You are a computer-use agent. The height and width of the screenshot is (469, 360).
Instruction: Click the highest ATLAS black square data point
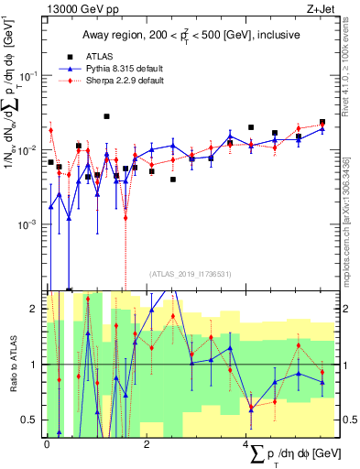point(107,116)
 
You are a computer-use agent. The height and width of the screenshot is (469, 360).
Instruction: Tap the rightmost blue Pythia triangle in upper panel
point(322,129)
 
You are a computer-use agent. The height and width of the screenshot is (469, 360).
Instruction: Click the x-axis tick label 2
point(147,444)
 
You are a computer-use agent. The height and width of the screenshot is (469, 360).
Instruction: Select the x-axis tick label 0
point(47,444)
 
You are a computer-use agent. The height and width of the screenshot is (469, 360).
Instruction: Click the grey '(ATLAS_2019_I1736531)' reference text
point(190,273)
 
